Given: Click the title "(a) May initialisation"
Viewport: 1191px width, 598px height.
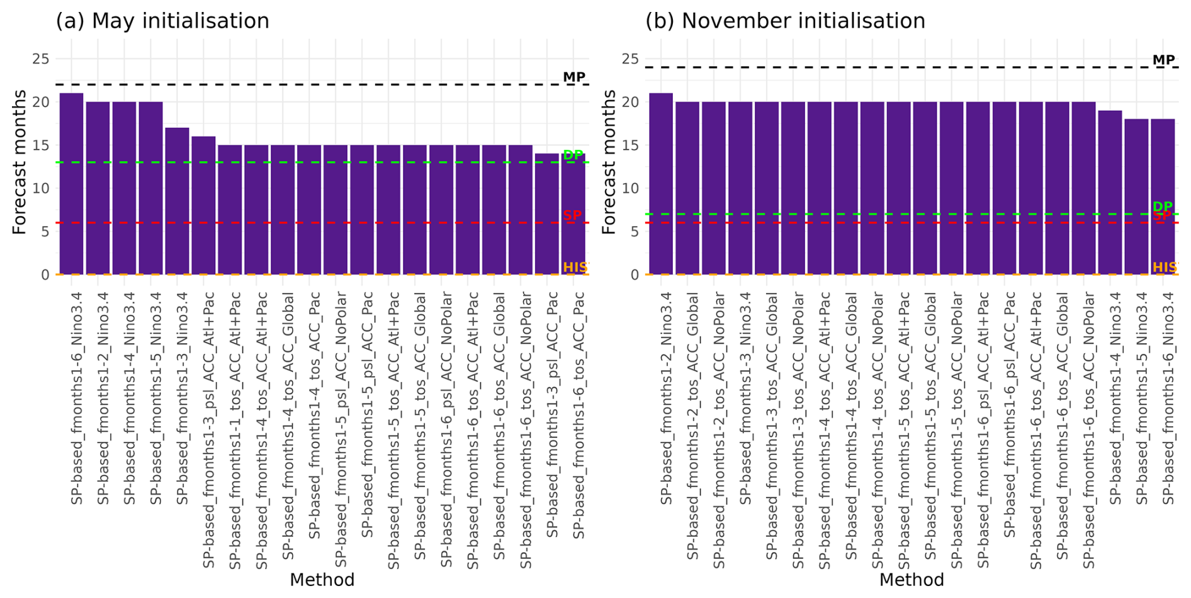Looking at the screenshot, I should point(162,21).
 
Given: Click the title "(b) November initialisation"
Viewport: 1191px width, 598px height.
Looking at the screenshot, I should point(785,21).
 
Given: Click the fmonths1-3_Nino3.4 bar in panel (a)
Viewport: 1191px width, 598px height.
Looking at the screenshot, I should point(177,201).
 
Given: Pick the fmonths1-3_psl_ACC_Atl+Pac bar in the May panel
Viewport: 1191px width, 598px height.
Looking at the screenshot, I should point(203,205).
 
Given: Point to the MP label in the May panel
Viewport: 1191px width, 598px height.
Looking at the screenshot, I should point(573,77).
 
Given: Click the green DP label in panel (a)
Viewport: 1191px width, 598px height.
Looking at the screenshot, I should point(573,155).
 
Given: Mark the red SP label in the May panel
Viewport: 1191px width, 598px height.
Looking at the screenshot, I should point(572,215).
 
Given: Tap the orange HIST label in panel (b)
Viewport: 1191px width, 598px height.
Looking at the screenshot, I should point(1165,268).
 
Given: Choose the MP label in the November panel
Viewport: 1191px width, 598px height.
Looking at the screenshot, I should point(1163,60).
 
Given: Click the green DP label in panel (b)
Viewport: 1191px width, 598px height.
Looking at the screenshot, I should point(1163,206).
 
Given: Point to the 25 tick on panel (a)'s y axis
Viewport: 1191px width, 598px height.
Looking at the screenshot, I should point(40,59).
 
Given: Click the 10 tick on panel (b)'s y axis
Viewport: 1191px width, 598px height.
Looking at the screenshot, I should point(629,188).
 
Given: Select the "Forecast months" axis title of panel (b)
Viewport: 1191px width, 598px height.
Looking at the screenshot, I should point(609,162).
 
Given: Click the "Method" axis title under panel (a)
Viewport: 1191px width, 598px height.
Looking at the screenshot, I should point(322,580).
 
